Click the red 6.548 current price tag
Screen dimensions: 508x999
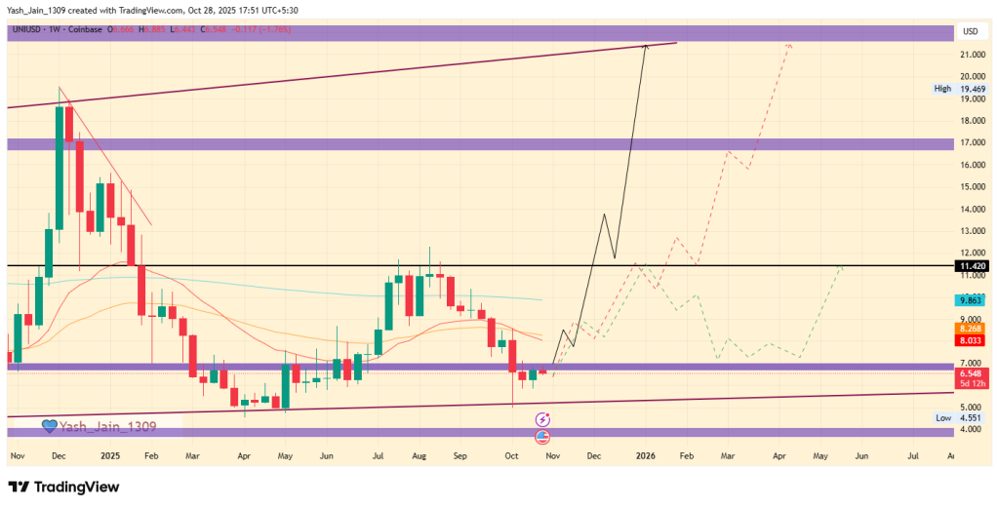[x=971, y=373]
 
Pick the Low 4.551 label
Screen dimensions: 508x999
[x=956, y=417]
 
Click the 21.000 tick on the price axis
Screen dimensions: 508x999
[x=971, y=55]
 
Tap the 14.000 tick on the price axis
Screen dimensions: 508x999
[x=971, y=210]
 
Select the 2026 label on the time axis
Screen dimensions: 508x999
[x=644, y=455]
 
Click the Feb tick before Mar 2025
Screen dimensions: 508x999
[x=150, y=455]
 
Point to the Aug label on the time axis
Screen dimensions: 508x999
[x=420, y=455]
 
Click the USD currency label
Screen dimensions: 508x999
[x=971, y=31]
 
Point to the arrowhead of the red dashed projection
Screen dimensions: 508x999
[x=788, y=46]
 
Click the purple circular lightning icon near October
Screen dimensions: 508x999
[x=542, y=418]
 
